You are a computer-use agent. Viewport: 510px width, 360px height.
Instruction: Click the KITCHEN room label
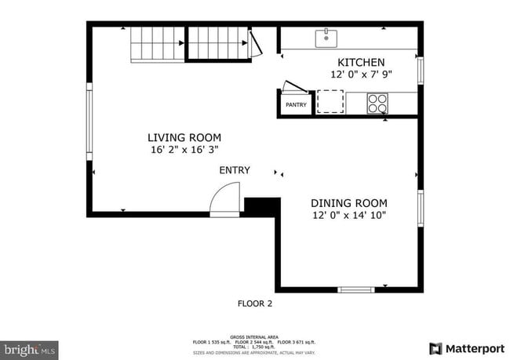coord(361,63)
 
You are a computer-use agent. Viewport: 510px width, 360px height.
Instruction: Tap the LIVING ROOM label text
coord(184,136)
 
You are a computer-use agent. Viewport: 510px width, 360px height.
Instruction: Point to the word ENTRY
coord(235,170)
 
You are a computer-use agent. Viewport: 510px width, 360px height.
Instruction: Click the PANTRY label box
coord(296,104)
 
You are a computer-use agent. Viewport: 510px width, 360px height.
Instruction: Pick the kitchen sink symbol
coord(326,38)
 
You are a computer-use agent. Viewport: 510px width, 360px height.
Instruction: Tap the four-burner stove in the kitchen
coord(378,103)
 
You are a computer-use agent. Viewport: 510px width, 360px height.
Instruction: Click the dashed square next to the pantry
coord(330,102)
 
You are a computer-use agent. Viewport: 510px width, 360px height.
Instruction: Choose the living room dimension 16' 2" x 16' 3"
coord(184,149)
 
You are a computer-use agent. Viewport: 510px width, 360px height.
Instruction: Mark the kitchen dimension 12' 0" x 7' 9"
coord(361,75)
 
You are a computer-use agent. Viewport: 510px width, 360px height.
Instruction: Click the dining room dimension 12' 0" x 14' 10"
coord(349,214)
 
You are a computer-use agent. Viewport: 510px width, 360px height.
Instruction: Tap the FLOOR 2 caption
coord(255,303)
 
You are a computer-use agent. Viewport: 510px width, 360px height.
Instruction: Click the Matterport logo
coord(467,348)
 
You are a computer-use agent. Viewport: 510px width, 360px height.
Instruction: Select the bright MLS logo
coord(30,348)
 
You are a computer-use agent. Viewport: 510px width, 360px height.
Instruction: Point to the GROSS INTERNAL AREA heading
coord(254,335)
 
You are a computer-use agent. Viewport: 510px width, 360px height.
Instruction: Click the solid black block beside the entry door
coord(262,205)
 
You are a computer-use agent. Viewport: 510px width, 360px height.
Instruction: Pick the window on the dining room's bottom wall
coord(356,289)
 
